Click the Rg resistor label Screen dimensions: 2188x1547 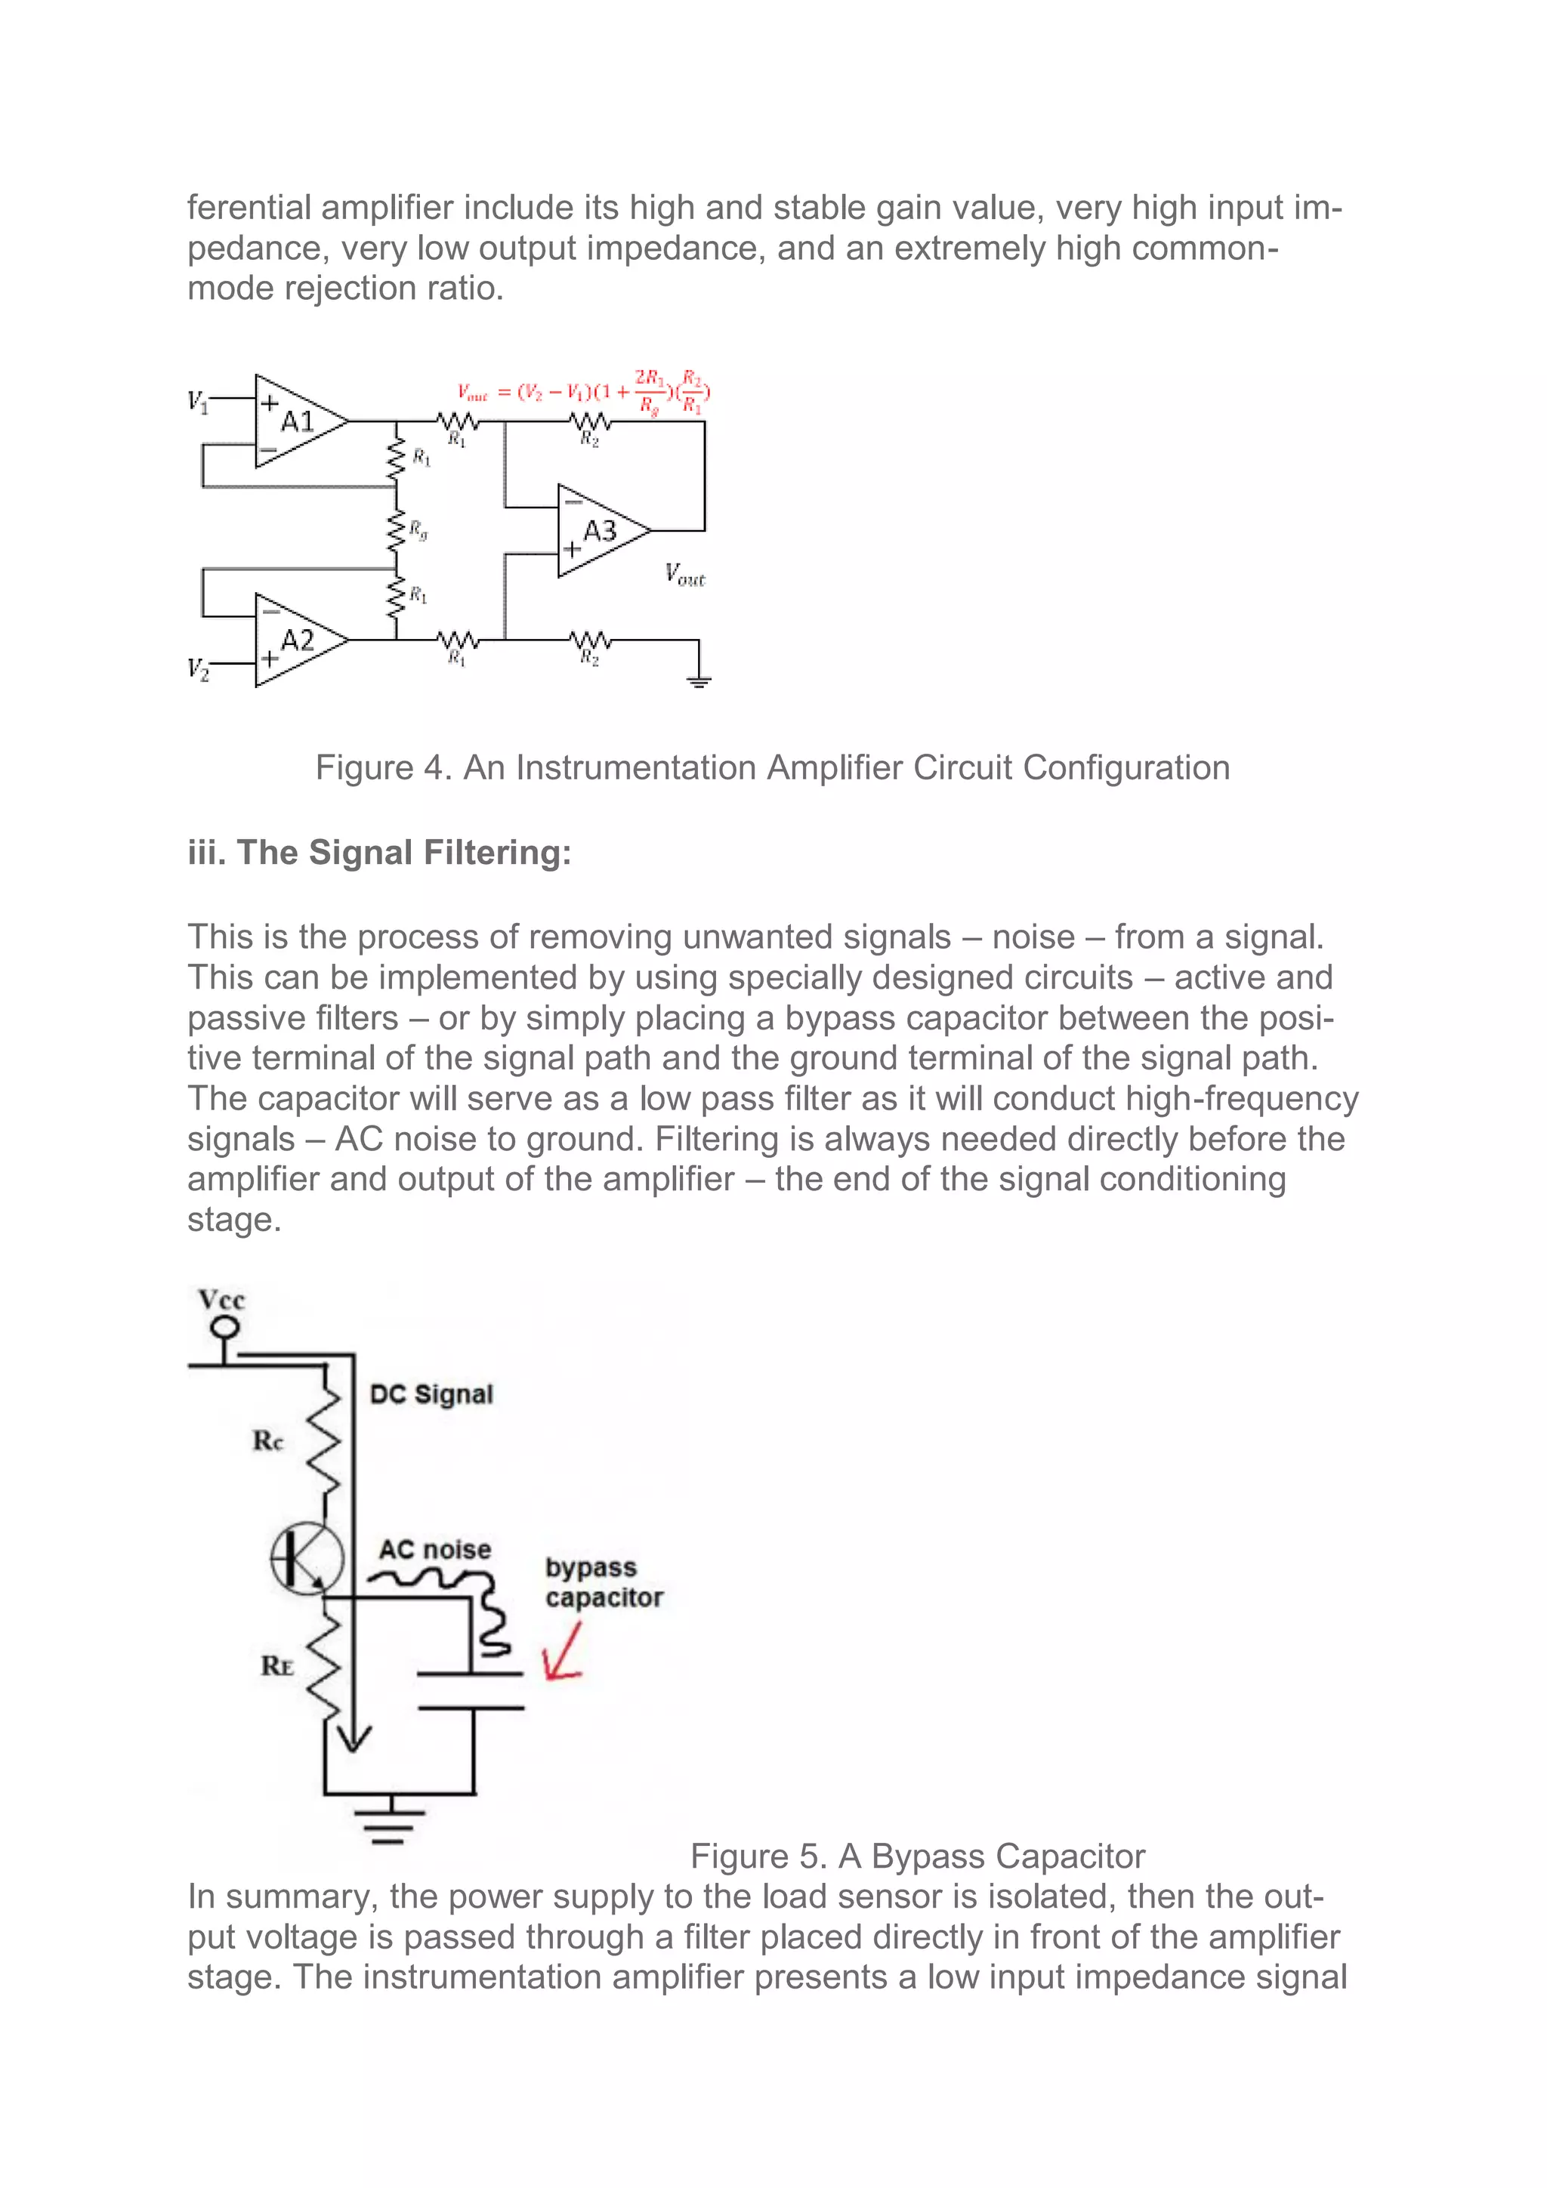[418, 531]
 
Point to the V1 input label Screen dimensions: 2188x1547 [197, 401]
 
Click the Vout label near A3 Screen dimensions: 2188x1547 [684, 574]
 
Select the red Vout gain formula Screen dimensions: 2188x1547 [583, 392]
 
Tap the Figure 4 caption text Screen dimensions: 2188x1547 [772, 768]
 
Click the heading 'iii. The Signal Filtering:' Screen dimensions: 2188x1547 [379, 852]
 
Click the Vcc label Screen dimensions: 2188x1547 [221, 1300]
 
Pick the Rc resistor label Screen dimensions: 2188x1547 [268, 1440]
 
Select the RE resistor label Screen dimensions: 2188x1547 [276, 1666]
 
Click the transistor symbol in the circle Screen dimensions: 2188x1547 [306, 1558]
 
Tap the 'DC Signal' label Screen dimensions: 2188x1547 [431, 1394]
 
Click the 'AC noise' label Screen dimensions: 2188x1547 [434, 1551]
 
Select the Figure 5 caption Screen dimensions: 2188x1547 [917, 1856]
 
